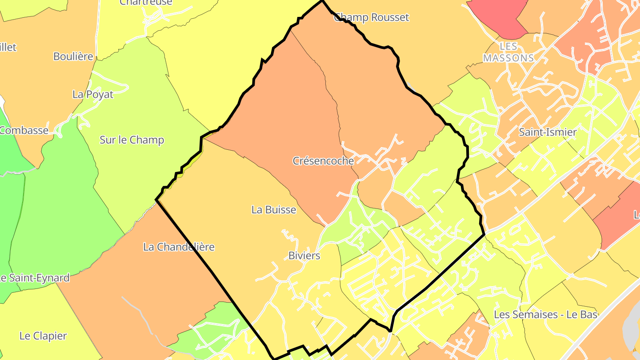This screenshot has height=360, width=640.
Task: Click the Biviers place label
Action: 304,256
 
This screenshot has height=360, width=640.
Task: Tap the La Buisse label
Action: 273,209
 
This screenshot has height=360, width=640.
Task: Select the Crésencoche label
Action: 323,160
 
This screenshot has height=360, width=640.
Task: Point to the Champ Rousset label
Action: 371,17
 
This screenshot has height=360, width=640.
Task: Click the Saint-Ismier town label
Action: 548,132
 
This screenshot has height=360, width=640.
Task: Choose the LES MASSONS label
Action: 508,52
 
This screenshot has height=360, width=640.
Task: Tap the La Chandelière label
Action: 179,247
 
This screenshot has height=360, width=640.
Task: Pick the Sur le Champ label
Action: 132,140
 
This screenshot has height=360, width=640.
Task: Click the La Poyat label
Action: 92,94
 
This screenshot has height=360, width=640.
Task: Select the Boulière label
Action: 73,56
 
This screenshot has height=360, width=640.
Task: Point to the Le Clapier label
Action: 43,336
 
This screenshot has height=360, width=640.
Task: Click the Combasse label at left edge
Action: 24,130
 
